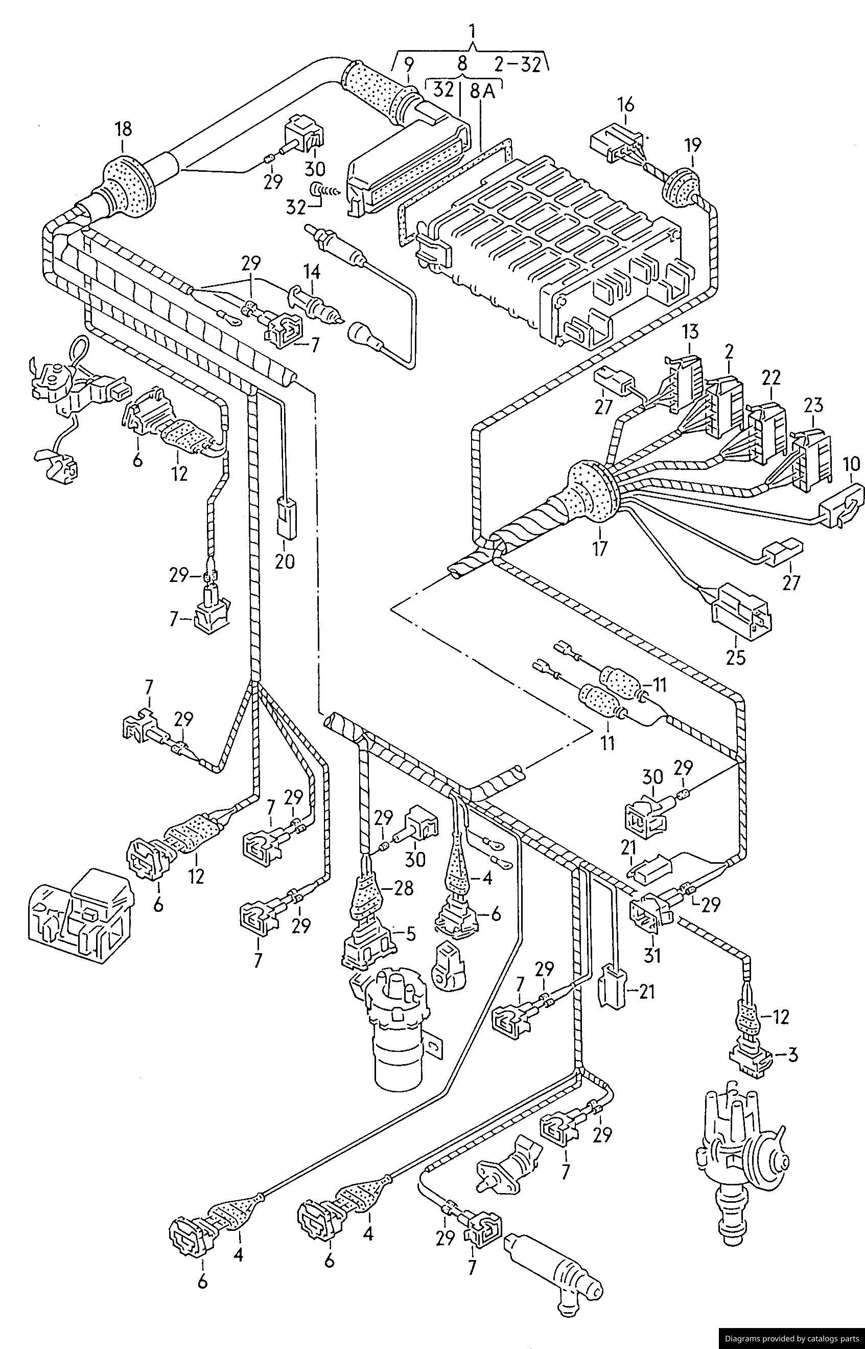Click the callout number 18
click(x=124, y=129)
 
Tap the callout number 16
click(x=626, y=104)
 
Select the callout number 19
click(x=692, y=146)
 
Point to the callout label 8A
click(x=482, y=92)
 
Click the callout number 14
click(x=312, y=273)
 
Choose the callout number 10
click(x=852, y=464)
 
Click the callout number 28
click(x=404, y=888)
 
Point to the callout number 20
click(x=285, y=561)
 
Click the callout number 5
click(x=412, y=934)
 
